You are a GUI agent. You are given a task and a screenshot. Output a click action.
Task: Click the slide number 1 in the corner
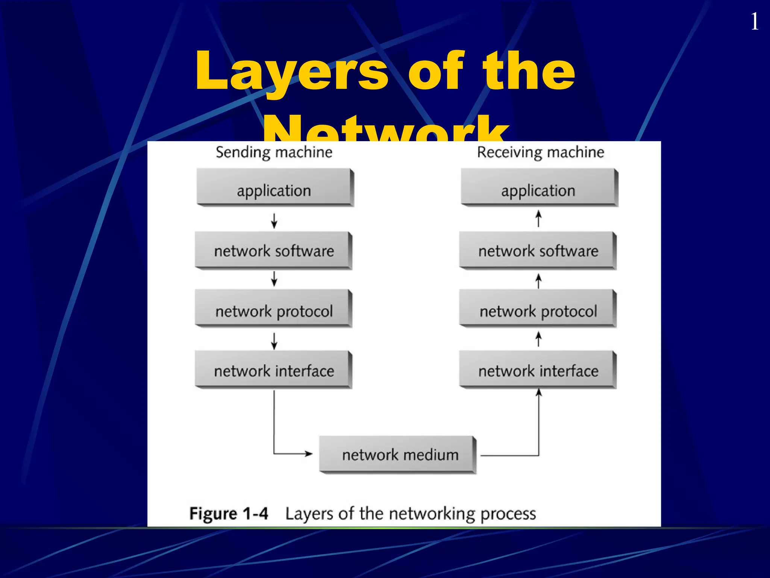(x=754, y=22)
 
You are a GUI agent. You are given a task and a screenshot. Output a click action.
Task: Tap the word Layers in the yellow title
(x=291, y=71)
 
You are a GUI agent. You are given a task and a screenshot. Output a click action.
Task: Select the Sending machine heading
(x=274, y=152)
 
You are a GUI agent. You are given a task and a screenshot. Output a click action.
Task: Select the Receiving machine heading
(x=540, y=152)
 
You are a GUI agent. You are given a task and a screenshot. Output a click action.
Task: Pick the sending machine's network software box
(x=273, y=250)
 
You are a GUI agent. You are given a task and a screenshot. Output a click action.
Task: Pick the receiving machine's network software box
(x=538, y=250)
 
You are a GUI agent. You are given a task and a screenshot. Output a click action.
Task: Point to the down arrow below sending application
(x=274, y=221)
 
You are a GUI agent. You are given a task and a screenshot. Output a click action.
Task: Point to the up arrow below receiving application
(x=538, y=218)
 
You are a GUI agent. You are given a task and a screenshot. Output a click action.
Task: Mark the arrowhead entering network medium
(x=309, y=453)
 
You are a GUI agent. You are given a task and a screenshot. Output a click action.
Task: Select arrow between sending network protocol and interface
(x=274, y=341)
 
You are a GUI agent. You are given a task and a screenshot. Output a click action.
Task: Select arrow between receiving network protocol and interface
(x=538, y=339)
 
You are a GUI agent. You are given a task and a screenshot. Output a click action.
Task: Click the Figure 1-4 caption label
(x=229, y=514)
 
